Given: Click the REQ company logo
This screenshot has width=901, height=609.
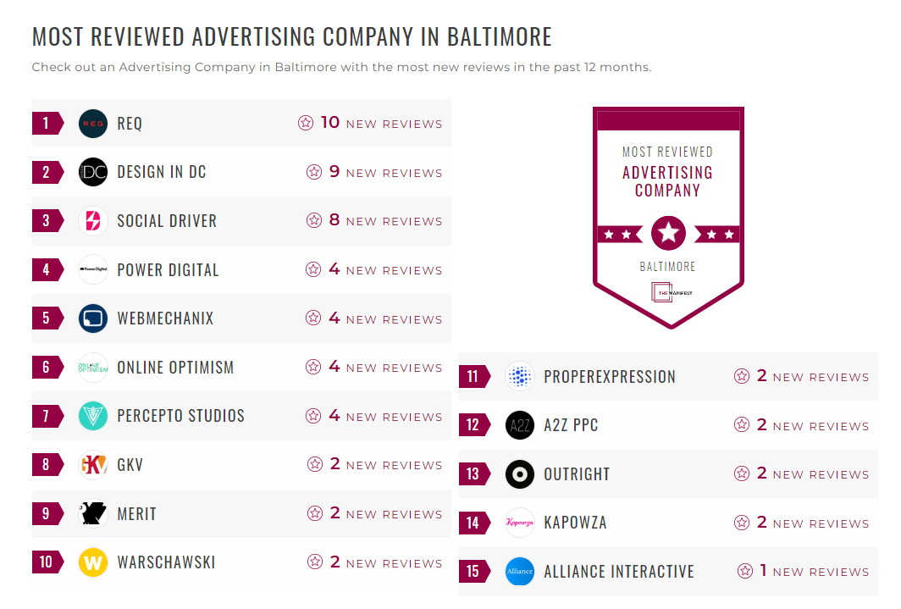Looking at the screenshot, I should [93, 124].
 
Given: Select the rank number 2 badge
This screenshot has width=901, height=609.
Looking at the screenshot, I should [47, 173].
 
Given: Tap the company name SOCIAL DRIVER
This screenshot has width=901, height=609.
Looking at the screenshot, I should [167, 221].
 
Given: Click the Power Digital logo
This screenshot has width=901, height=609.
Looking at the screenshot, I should [93, 270].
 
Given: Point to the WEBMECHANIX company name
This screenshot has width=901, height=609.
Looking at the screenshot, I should [165, 319].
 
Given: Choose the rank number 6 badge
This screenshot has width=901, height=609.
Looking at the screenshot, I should [47, 368].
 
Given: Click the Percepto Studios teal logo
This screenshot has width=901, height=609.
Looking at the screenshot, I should [93, 416].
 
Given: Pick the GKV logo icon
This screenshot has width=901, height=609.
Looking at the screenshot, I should [93, 465].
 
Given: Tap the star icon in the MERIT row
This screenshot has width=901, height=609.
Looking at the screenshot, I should [315, 513].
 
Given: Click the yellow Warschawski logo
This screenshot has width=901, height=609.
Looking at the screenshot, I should [93, 562].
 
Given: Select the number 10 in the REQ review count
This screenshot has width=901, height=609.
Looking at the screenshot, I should [329, 123].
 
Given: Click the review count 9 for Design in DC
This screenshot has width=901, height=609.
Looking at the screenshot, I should [334, 172].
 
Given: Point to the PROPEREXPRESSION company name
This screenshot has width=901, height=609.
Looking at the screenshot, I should [610, 377].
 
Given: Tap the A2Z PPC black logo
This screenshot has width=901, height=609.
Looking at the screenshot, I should [520, 425].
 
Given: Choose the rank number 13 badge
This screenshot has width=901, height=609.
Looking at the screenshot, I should [473, 474].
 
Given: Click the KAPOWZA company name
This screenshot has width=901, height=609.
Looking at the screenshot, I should [575, 523].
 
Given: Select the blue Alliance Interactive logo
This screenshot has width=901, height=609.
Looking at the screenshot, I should [520, 572].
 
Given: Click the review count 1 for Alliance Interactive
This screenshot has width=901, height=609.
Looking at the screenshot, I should [763, 571].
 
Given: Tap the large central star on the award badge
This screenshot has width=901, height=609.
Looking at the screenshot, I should [668, 233].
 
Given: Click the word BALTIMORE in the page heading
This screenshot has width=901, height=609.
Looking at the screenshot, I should [499, 37].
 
